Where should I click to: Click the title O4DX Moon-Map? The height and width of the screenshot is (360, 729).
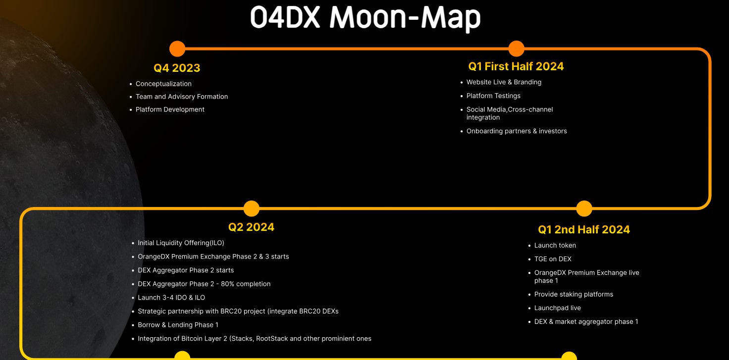[365, 18]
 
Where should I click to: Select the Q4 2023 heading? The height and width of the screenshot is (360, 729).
[177, 68]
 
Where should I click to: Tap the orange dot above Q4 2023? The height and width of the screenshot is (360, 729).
[177, 49]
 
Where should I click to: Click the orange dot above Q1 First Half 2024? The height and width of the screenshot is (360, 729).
[516, 49]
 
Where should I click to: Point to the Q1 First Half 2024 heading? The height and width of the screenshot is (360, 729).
[516, 66]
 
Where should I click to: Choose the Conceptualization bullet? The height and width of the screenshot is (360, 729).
[163, 84]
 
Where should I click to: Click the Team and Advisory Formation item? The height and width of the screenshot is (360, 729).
[182, 97]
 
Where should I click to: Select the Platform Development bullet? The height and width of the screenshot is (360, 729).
[170, 109]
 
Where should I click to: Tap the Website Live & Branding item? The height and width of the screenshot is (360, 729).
[504, 82]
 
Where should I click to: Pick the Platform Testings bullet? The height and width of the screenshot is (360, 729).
[493, 96]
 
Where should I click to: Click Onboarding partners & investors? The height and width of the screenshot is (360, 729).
[517, 131]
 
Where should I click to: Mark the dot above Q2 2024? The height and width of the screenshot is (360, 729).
[252, 208]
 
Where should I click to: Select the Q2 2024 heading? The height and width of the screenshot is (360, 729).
[251, 227]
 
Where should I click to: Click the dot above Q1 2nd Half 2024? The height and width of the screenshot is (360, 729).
[584, 208]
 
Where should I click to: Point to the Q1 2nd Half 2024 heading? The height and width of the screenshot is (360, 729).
[584, 229]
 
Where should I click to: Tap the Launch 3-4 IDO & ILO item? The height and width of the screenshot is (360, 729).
[171, 298]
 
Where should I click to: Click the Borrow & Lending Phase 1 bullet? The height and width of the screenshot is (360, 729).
[178, 325]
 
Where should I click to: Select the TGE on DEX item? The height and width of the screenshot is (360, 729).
[553, 259]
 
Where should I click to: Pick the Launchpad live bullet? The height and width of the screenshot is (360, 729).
[557, 308]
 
